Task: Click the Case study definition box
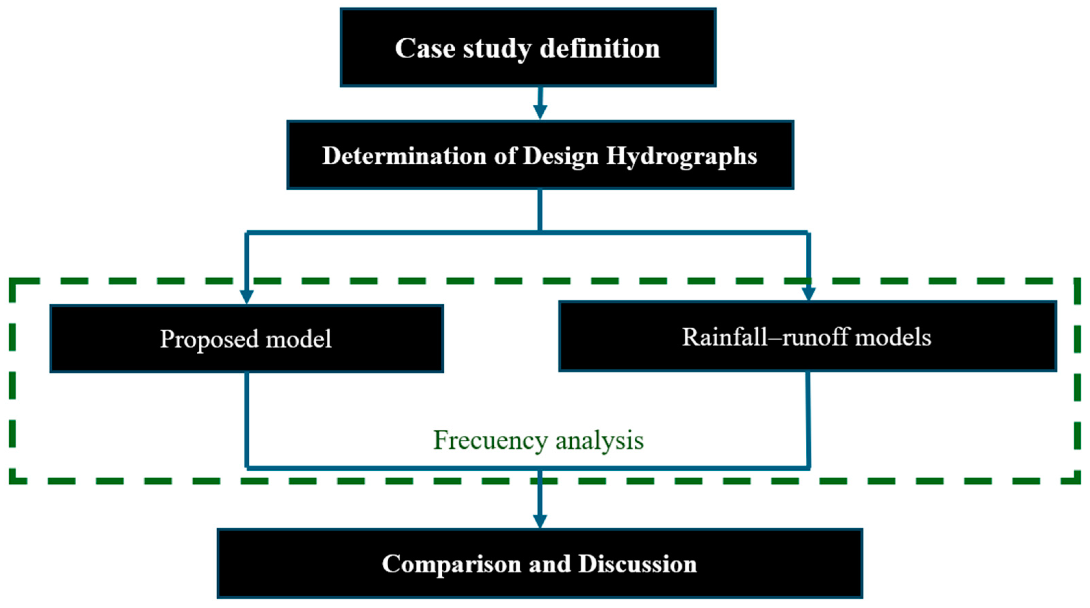coord(528,48)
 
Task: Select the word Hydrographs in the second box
coord(681,156)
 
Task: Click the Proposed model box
coord(246,339)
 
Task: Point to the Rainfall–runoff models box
coord(807,337)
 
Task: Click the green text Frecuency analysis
coord(538,440)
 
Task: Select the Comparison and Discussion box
coord(540,563)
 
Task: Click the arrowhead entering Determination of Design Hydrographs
coord(540,112)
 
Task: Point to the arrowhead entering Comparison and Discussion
coord(540,521)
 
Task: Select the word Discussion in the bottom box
coord(637,563)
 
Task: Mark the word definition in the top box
coord(600,48)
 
